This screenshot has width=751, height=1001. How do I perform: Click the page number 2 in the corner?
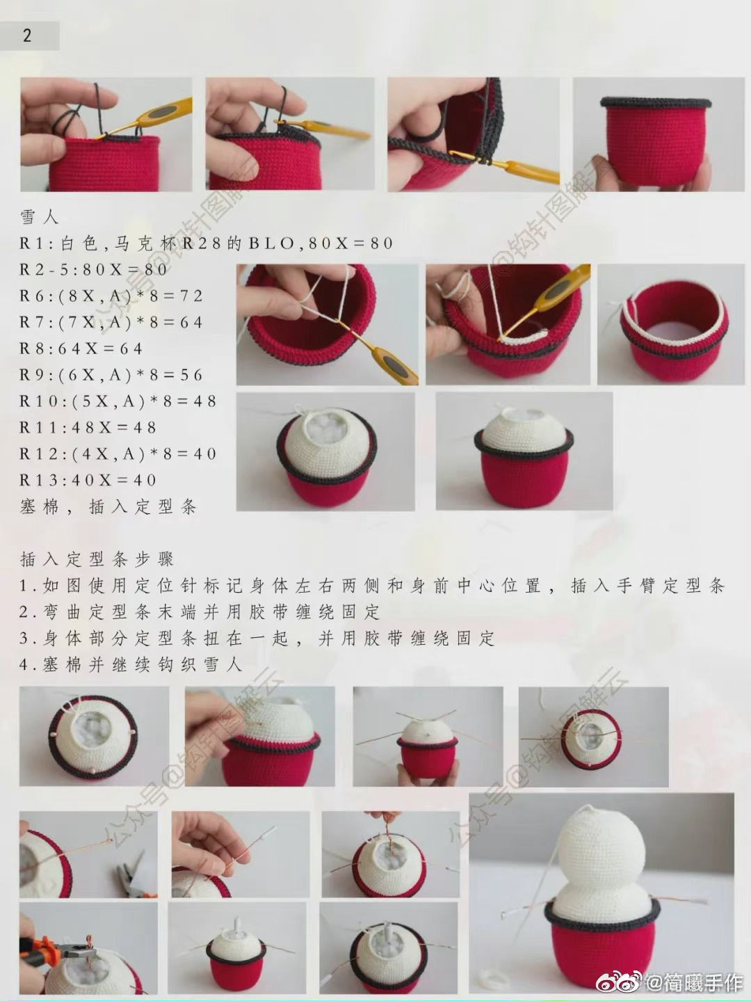coord(27,35)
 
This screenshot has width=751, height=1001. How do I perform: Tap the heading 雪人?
coord(40,217)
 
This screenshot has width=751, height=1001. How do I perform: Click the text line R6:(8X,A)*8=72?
coord(111,296)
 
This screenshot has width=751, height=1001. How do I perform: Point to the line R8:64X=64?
coord(81,349)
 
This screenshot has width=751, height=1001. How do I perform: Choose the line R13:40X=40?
coord(88,480)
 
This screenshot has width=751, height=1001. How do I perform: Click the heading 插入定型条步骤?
coord(97,559)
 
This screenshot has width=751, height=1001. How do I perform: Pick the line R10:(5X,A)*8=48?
coord(118,401)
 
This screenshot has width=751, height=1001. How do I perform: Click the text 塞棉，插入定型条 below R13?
coord(108,507)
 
